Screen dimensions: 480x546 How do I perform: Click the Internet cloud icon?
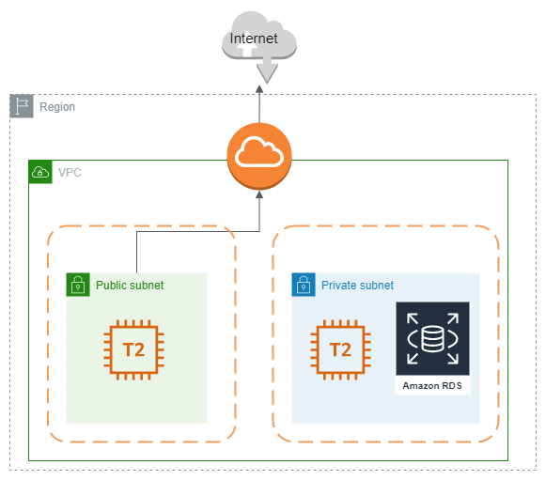click(258, 42)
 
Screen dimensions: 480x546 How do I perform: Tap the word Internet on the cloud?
click(254, 39)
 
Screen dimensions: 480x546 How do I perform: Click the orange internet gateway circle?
click(259, 154)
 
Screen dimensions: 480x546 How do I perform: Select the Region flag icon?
click(22, 106)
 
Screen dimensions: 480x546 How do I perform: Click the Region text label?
click(57, 107)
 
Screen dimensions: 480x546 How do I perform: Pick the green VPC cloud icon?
click(40, 172)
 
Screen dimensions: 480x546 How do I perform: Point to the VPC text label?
click(70, 173)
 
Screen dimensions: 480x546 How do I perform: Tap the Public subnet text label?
click(130, 286)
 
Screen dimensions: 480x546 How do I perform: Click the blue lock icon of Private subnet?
click(303, 285)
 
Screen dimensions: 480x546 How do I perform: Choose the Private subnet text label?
click(357, 286)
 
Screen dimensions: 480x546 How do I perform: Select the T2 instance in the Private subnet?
click(340, 350)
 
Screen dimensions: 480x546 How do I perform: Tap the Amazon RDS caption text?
click(432, 386)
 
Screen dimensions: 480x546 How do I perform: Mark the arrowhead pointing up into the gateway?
click(259, 194)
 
